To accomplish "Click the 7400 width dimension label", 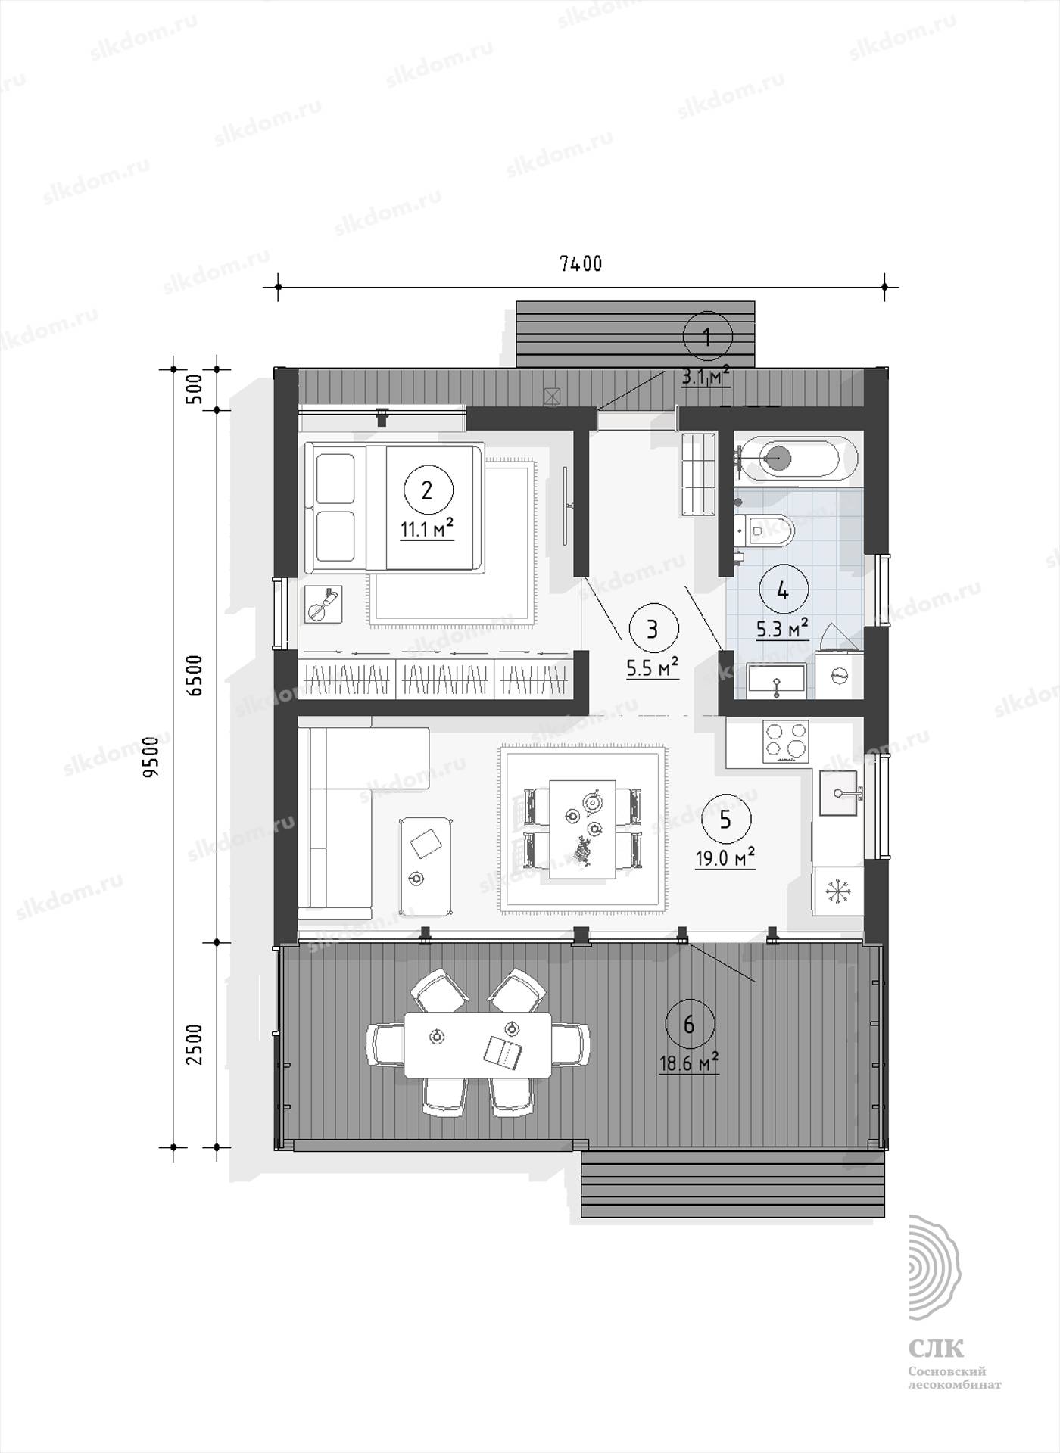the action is point(581,263).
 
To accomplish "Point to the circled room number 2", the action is point(428,490).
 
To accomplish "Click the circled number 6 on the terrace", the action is point(689,1025).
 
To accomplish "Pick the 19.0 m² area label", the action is point(725,857).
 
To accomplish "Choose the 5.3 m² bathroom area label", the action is point(782,628).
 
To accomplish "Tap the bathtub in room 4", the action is point(796,456).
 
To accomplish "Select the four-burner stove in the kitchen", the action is point(786,739).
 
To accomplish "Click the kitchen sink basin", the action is point(837,792).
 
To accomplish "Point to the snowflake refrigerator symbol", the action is point(837,892).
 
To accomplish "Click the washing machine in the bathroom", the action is point(838,674).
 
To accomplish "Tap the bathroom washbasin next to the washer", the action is point(776,679).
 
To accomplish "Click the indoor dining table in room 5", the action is point(582,829).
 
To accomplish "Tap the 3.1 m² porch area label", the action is point(706,376).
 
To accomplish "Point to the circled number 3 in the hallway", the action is point(653,628).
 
